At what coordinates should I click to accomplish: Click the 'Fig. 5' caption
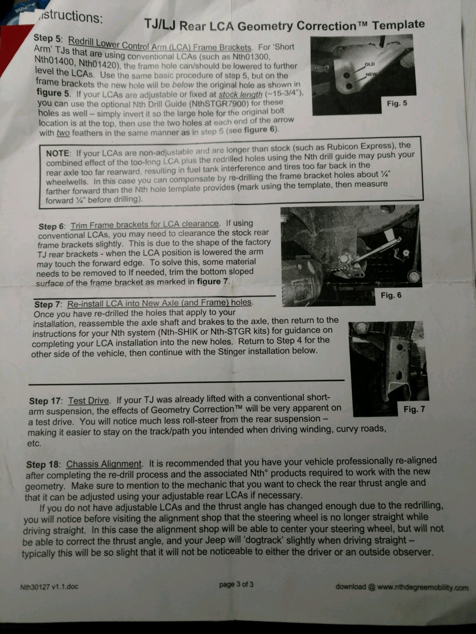pos(397,103)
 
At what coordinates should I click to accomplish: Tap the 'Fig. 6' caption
pos(391,295)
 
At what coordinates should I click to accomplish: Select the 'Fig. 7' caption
pos(414,409)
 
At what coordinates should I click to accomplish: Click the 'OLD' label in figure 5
pos(369,64)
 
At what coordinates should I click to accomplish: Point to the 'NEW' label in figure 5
pos(371,74)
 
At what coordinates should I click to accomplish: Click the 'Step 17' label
pos(45,401)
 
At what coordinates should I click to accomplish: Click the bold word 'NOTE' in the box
pos(58,153)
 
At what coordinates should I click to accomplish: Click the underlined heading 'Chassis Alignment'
pos(104,464)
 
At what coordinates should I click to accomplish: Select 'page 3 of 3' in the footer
pos(236,584)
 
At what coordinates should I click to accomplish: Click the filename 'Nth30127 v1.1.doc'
pos(49,587)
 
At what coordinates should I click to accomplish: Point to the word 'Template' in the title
pos(398,25)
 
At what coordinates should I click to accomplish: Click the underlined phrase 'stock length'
pos(240,94)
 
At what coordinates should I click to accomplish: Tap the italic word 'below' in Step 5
pos(183,85)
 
